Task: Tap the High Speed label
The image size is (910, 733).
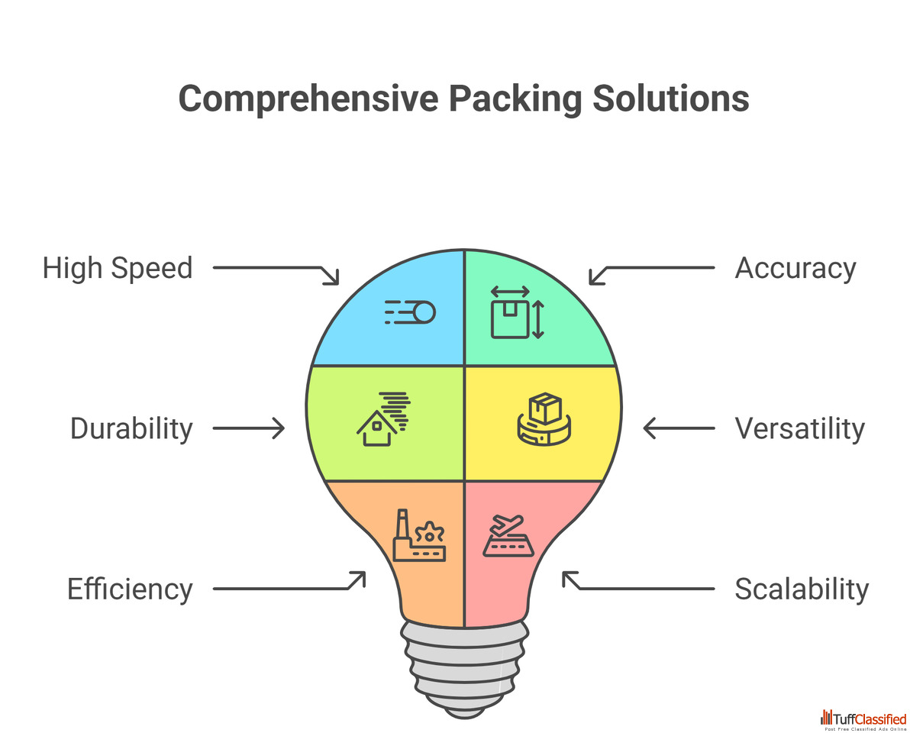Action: point(118,269)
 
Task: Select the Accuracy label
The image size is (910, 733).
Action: point(795,269)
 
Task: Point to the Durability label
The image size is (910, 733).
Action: point(131,429)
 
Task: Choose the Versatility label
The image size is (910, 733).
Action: point(799,429)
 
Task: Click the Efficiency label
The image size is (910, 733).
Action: point(130,589)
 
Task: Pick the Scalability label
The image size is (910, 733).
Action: point(802,589)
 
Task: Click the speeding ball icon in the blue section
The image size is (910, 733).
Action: point(410,312)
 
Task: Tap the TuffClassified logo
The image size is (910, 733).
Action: point(863,718)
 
